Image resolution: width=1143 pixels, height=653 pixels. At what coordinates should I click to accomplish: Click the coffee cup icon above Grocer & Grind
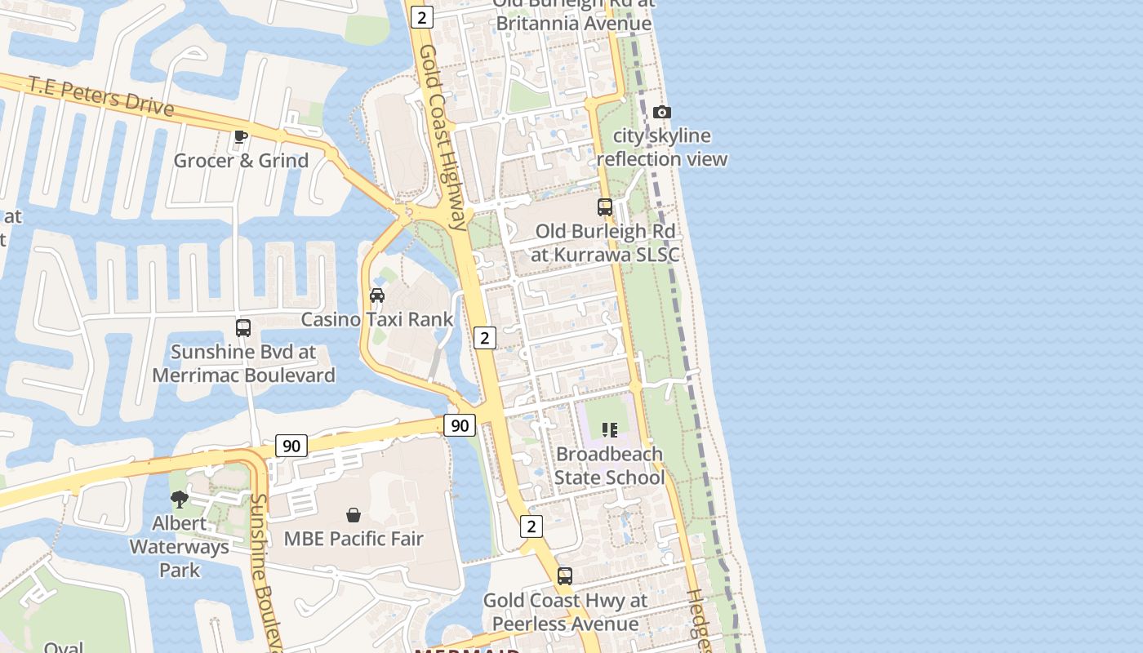click(x=240, y=136)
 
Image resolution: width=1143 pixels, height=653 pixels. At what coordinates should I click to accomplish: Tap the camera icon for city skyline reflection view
click(x=662, y=112)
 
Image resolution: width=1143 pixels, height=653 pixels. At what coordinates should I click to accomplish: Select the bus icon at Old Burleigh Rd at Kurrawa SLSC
click(x=605, y=207)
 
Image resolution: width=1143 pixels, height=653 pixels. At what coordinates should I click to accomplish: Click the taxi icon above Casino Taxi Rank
click(x=377, y=295)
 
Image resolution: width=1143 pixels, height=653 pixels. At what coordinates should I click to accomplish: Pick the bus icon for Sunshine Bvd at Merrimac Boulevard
click(x=243, y=328)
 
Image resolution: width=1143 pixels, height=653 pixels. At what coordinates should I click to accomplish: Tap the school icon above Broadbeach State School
click(x=610, y=429)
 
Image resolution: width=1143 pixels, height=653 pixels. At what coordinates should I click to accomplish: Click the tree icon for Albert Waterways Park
click(x=180, y=499)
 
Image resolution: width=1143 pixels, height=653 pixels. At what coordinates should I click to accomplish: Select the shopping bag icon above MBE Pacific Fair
click(x=354, y=515)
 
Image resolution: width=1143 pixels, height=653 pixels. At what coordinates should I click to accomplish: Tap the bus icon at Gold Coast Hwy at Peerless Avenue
click(x=565, y=576)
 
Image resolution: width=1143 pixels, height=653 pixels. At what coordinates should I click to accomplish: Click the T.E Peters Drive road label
click(x=100, y=96)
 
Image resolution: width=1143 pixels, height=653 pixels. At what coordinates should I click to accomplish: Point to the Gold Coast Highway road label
click(x=443, y=137)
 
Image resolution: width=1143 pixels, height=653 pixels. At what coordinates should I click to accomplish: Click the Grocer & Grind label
click(x=241, y=160)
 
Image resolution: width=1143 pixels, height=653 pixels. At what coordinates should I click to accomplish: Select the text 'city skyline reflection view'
click(x=662, y=147)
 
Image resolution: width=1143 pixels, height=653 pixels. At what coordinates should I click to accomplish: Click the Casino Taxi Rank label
click(x=377, y=319)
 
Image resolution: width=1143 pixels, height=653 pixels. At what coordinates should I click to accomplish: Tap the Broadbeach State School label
click(x=609, y=465)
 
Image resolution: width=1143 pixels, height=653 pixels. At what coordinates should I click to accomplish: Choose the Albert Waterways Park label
click(x=180, y=546)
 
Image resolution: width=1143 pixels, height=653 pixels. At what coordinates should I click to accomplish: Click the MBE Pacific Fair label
click(x=354, y=539)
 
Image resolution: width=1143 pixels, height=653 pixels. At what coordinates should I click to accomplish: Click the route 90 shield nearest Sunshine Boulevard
click(x=291, y=446)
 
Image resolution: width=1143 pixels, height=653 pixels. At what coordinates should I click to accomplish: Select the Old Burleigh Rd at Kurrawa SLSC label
click(x=605, y=242)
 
